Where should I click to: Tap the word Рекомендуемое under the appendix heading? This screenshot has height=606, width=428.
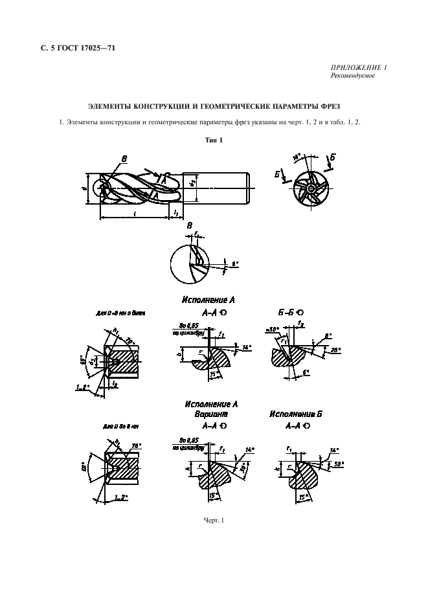352,76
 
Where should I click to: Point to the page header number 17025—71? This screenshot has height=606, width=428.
97,47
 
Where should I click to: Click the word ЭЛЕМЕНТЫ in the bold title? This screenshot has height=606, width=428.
109,106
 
